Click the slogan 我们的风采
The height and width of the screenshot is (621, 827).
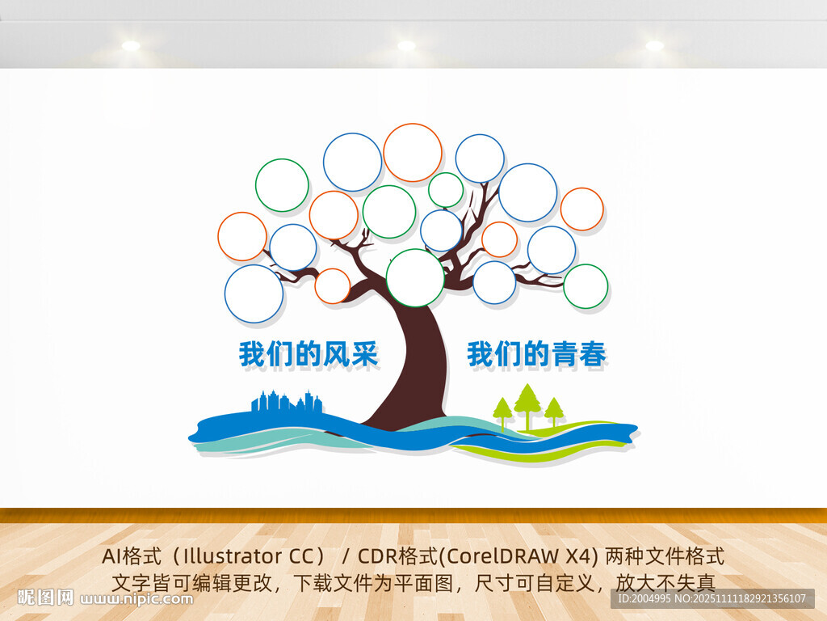309,354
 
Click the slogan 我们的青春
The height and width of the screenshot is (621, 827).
536,354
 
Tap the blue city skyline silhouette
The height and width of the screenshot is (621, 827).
287,403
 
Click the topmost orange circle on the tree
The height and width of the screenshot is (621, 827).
413,153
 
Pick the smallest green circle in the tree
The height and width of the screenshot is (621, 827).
446,190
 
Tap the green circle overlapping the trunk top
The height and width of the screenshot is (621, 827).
415,278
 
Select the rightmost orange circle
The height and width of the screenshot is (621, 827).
581,209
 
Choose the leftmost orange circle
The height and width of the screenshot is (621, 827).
242,236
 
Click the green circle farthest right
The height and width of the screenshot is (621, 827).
586,286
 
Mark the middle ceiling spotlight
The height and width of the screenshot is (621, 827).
406,45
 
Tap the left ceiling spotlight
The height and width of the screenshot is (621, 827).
131,45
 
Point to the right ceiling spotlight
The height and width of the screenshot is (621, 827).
654,45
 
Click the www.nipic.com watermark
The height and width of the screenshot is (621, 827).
138,599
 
